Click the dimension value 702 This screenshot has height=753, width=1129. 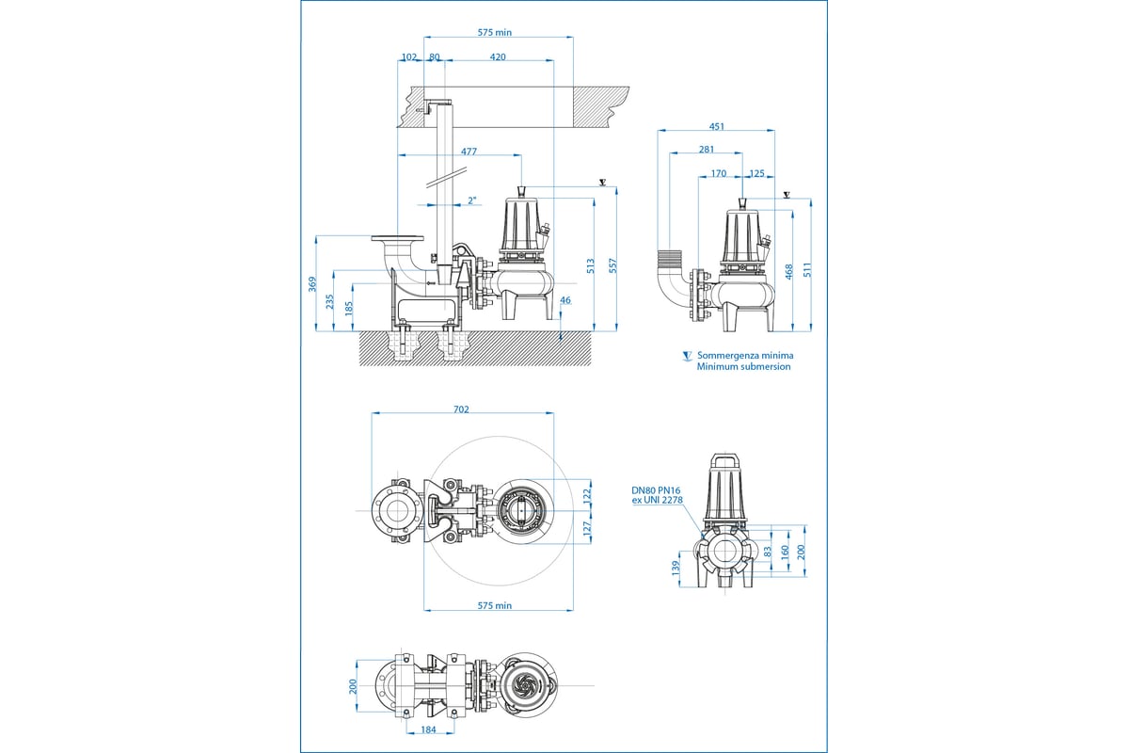point(461,409)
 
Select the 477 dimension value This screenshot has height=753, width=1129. point(469,151)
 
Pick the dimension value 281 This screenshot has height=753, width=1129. point(707,149)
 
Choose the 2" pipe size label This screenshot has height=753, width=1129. point(472,200)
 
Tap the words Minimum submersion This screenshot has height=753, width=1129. point(743,367)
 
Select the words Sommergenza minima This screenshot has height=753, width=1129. point(745,356)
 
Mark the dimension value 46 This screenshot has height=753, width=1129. point(565,300)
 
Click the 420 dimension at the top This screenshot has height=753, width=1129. point(498,57)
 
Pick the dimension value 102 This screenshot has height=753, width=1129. point(408,57)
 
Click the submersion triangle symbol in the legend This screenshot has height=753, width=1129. point(687,357)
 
